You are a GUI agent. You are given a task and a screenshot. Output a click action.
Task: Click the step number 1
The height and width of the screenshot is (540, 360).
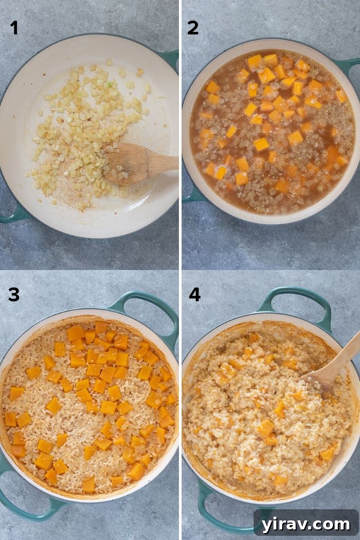pyautogui.click(x=14, y=28)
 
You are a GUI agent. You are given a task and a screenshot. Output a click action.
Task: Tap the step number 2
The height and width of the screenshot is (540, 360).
pyautogui.click(x=193, y=28)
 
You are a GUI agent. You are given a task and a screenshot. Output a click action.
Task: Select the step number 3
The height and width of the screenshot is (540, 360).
pyautogui.click(x=14, y=294)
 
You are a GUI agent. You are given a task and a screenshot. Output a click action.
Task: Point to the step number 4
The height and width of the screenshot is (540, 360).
pyautogui.click(x=194, y=294)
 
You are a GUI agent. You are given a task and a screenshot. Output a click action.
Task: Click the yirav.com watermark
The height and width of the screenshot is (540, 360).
pyautogui.click(x=306, y=524)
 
